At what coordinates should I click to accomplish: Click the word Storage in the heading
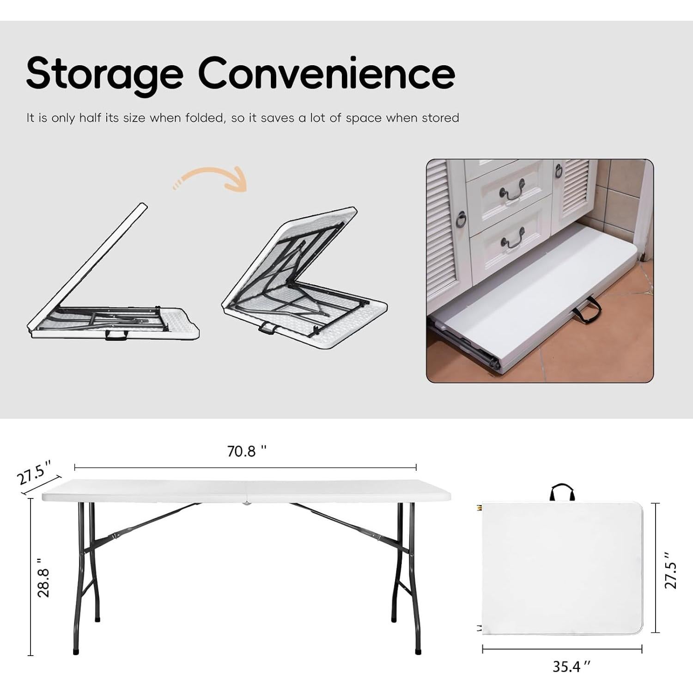(104, 74)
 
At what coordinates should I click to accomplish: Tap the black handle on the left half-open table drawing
(116, 335)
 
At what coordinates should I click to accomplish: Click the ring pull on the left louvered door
(461, 219)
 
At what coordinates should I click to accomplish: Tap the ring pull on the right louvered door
(559, 171)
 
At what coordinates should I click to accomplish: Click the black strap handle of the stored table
(587, 310)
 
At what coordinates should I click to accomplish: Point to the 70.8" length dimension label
(247, 451)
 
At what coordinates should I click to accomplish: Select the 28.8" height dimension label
(43, 577)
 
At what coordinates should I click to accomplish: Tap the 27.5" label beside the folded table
(671, 570)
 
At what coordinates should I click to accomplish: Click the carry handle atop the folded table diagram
(562, 492)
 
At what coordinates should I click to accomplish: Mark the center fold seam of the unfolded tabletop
(247, 497)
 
